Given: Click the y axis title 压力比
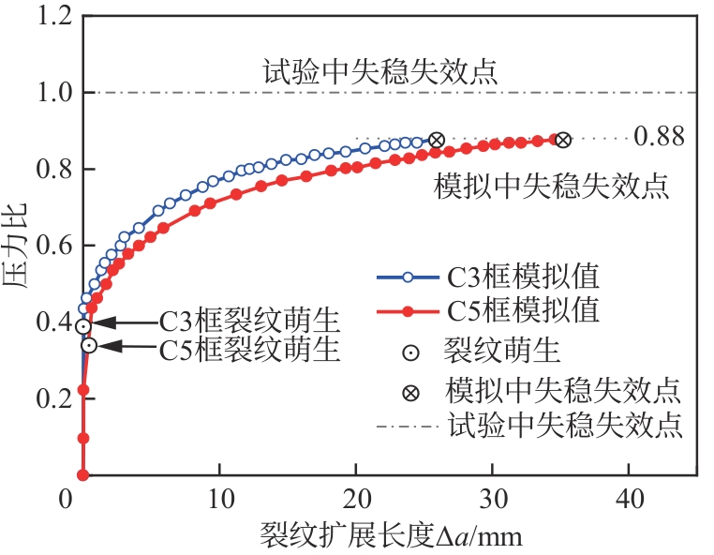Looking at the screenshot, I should coord(16,247).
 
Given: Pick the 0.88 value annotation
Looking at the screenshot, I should coord(659,137).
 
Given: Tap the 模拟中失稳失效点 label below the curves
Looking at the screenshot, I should coord(553,185).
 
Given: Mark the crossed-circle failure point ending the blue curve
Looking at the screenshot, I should coord(437,140).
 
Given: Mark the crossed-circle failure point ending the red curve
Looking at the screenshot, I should coord(562,140).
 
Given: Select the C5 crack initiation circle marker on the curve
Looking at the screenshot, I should coord(89,345).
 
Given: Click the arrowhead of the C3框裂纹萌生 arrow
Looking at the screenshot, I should coord(101,322).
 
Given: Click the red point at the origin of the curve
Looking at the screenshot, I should coord(82,475).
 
